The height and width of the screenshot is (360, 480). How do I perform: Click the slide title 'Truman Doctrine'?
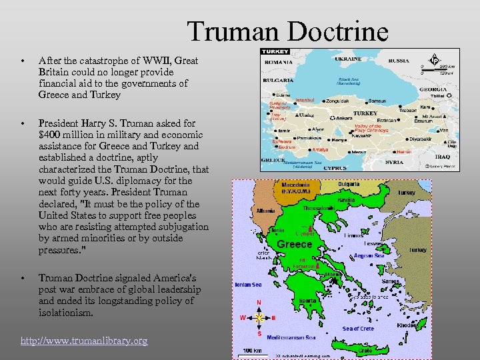click(287, 31)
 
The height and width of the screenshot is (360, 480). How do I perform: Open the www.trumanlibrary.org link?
click(84, 341)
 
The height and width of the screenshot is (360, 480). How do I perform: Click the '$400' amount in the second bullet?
click(51, 134)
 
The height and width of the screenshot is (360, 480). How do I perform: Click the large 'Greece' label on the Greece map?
click(294, 245)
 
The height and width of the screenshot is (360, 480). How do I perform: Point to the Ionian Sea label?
click(247, 285)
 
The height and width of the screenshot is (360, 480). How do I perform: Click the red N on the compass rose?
click(259, 301)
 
